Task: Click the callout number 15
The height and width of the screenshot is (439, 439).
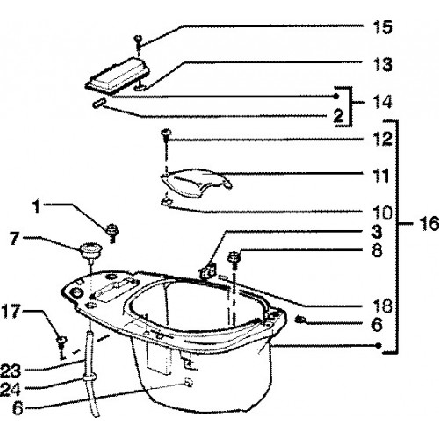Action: tap(383, 27)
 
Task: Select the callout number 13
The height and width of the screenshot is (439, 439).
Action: tap(383, 64)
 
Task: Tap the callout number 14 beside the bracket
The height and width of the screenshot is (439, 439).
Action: tap(383, 102)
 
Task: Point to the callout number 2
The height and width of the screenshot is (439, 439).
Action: tap(339, 115)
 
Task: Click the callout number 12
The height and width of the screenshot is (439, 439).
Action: tap(383, 139)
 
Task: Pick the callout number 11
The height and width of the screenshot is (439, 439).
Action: tap(381, 176)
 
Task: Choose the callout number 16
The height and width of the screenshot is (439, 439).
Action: tap(429, 223)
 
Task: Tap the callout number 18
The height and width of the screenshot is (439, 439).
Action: tap(383, 306)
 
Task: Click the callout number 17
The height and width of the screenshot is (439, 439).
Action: tap(11, 311)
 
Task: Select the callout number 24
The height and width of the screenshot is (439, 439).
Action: tap(11, 390)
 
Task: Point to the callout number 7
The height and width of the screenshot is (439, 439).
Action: tap(15, 238)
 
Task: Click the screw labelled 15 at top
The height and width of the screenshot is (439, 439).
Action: tap(138, 42)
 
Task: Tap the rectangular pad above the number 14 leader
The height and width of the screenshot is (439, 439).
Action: tap(118, 76)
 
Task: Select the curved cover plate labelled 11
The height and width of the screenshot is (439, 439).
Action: tap(196, 183)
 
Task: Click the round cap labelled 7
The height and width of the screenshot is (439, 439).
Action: tap(90, 251)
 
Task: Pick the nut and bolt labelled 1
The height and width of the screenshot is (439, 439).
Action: tap(112, 234)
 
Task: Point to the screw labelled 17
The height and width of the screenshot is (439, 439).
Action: tap(61, 347)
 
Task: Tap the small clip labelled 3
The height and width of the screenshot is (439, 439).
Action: tap(208, 271)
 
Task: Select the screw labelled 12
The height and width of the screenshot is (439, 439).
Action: tap(166, 135)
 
